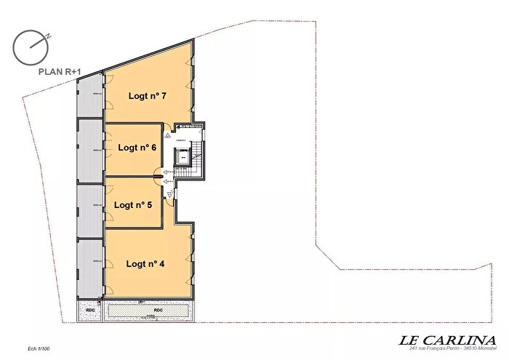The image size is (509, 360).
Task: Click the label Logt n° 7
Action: pos(148,95)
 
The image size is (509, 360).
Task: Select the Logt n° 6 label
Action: pos(137,147)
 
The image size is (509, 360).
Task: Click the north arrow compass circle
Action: pos(30,47)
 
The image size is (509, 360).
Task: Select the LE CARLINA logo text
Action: pos(447,339)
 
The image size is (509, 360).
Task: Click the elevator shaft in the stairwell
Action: pos(183,156)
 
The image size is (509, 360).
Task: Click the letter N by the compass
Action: pos(47,34)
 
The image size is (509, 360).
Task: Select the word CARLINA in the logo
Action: pos(459,339)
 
